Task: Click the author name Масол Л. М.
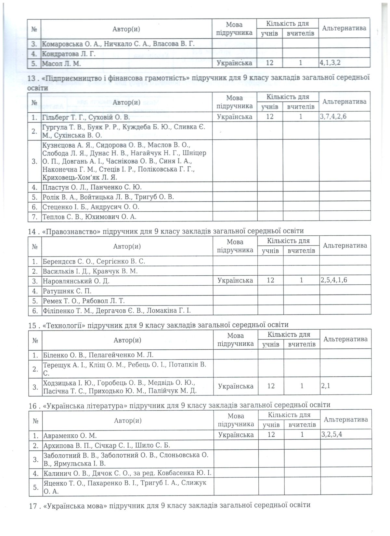click(61, 63)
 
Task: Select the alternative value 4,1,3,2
click(330, 63)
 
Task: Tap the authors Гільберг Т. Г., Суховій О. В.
click(86, 117)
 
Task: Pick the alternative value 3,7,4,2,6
click(333, 116)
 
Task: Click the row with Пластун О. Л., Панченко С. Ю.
click(92, 187)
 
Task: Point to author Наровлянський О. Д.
click(76, 280)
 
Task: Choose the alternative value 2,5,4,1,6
click(334, 280)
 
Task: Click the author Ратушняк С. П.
click(67, 291)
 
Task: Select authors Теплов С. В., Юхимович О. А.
click(89, 217)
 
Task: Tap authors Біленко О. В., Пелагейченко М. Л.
click(98, 355)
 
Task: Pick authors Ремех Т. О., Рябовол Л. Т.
click(84, 301)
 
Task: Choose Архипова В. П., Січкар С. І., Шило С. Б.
click(107, 445)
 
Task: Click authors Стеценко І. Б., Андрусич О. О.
click(91, 207)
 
